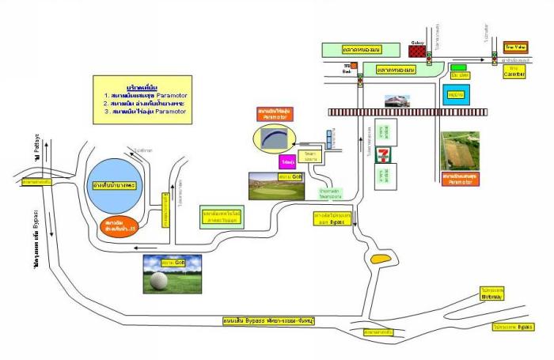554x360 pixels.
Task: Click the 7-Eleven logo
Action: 382,153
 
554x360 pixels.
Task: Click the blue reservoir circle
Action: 116,186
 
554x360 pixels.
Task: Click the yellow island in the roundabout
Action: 380,257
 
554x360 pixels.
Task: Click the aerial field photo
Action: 460,151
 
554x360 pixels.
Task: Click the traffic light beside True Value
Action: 495,57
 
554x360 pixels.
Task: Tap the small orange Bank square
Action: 347,66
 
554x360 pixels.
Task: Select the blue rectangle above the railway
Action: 455,97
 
